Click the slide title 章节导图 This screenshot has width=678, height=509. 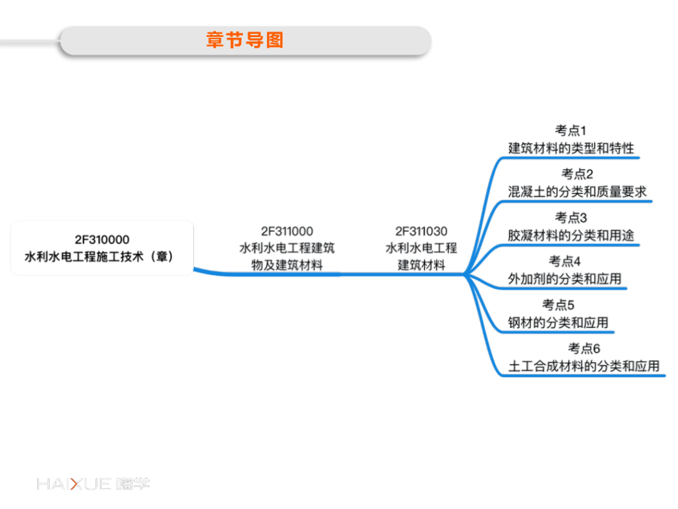tap(245, 40)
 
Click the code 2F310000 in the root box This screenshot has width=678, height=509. tap(102, 239)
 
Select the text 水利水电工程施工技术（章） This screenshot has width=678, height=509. tap(102, 256)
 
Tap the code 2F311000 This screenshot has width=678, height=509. tap(287, 231)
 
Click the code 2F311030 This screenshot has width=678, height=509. tap(421, 231)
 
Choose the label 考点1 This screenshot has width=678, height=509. tap(571, 131)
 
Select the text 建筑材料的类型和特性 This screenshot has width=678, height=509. tap(571, 148)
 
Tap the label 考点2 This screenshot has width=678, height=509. tap(577, 174)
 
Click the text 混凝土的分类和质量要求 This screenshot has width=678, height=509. tap(577, 192)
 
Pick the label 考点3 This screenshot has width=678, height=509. tap(571, 217)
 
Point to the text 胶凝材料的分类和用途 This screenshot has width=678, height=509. tap(571, 235)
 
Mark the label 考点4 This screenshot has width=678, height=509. tap(564, 261)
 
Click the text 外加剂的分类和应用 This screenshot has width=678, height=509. tap(564, 278)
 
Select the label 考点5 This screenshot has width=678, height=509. tap(557, 305)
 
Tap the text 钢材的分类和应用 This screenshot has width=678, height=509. tap(557, 323)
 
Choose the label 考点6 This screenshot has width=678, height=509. tap(584, 349)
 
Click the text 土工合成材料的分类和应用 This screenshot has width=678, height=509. tap(584, 366)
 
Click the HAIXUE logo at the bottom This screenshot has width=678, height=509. tap(93, 484)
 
